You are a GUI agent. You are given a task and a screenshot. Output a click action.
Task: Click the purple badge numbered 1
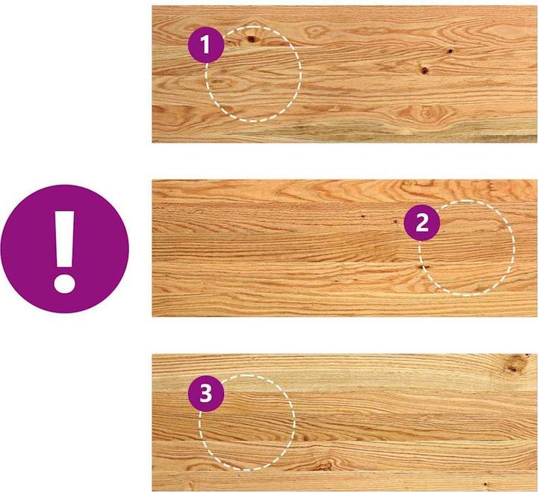[206, 45]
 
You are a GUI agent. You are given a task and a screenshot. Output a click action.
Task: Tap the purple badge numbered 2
[422, 223]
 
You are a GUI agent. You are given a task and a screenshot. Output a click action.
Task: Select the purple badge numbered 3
[206, 393]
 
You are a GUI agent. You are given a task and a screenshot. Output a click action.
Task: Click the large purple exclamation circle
[65, 249]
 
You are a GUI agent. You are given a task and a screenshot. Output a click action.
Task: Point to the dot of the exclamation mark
[64, 283]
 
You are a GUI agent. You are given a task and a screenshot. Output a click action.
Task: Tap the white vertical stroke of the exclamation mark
[64, 239]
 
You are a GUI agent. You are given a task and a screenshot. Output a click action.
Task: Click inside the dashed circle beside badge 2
[466, 248]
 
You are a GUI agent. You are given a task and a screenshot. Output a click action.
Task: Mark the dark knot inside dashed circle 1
[252, 39]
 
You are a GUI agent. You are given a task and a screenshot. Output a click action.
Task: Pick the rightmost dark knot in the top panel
[450, 51]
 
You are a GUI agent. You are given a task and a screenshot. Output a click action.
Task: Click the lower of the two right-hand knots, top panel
[424, 71]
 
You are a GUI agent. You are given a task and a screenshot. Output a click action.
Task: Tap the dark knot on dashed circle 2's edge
[420, 268]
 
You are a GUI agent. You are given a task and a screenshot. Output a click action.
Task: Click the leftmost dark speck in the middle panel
[362, 217]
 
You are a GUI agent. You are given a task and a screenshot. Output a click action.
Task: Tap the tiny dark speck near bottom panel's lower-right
[486, 484]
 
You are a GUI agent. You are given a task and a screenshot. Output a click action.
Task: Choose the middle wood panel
[344, 248]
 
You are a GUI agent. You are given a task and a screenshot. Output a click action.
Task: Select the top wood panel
[344, 74]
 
